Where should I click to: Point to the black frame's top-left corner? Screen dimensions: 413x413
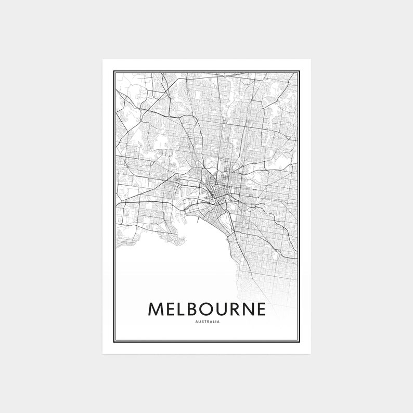pos(113,71)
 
